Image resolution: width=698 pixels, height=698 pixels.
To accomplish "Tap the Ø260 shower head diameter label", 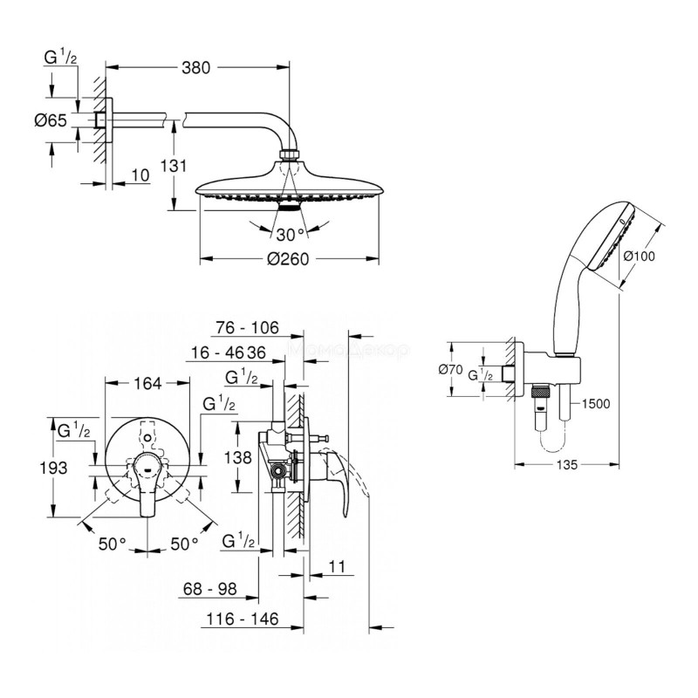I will tap(289, 259).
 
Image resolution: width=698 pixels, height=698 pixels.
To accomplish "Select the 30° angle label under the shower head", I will tap(290, 235).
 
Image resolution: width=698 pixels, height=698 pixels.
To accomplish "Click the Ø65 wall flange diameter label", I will tap(55, 121).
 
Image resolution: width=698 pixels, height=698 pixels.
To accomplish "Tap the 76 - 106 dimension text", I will tap(247, 328).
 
